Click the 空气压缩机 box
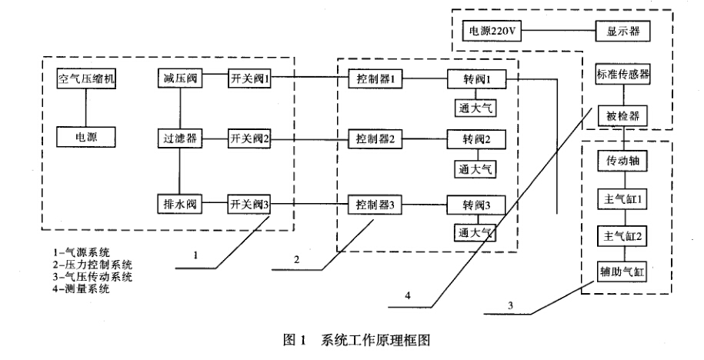coord(86,79)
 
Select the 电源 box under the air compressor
coord(86,138)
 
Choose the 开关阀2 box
coord(249,139)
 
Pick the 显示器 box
coord(622,32)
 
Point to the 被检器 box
coord(623,117)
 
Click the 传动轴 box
coord(624,163)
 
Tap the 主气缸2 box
coord(624,235)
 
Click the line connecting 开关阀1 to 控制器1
coord(311,78)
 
